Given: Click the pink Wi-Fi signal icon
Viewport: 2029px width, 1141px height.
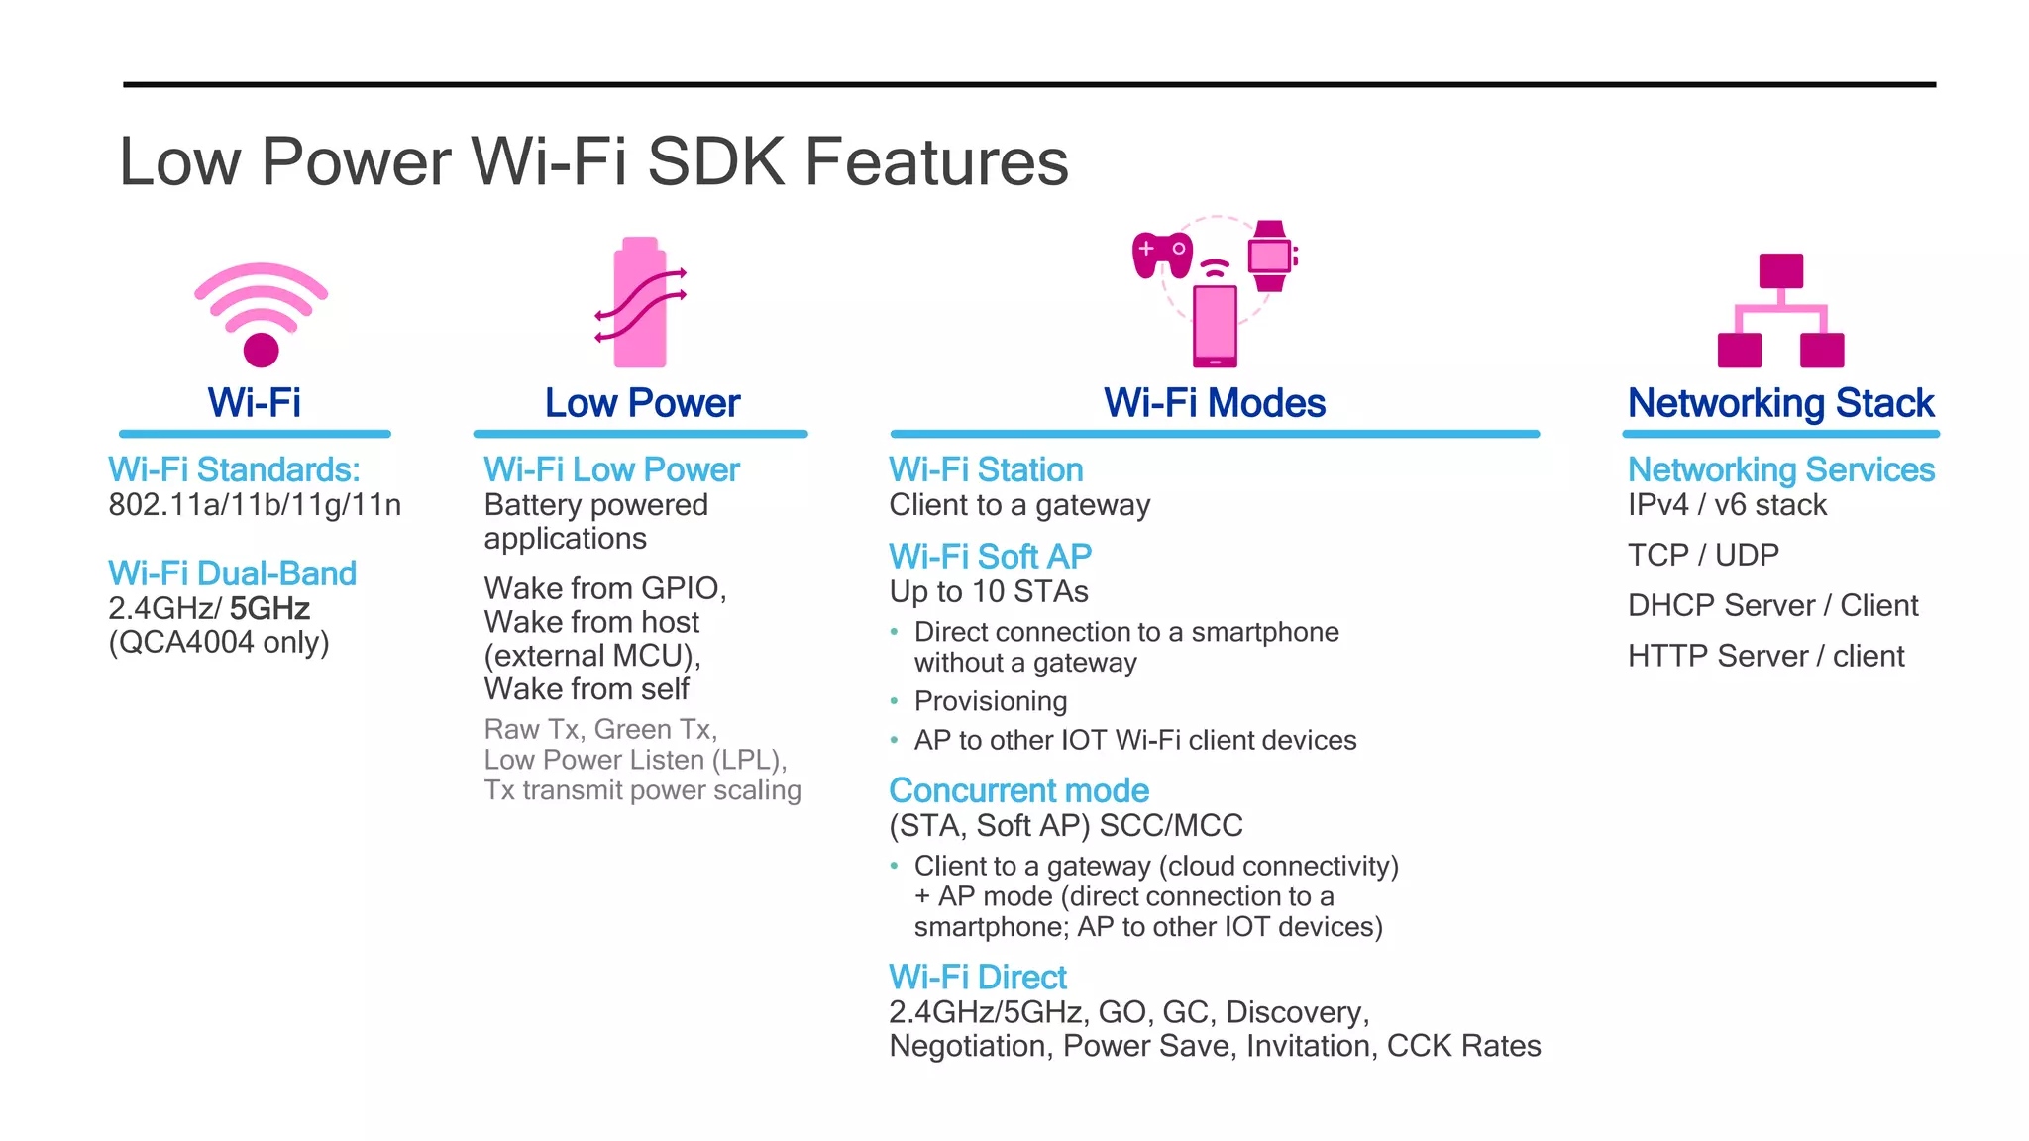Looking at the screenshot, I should (261, 313).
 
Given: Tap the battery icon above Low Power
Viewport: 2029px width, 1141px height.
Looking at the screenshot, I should (640, 303).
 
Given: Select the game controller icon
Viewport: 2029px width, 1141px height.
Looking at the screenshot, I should (1161, 254).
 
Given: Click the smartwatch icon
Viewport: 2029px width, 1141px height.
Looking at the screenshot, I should (1270, 256).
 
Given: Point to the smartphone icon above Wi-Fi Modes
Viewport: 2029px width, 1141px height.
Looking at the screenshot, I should (1215, 325).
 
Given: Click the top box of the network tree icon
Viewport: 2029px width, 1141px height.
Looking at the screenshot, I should (1780, 270).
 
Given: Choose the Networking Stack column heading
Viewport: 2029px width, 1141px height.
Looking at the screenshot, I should (1780, 403).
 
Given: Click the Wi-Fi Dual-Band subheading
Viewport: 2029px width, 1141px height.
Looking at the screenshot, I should (232, 573).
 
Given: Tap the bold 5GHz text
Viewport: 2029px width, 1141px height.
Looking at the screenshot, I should (269, 608).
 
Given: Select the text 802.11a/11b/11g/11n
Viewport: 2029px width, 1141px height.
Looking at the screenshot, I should (255, 505).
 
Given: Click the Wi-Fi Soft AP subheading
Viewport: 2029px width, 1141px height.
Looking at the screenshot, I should (990, 557).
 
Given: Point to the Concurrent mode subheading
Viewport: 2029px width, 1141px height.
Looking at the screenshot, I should (1018, 790).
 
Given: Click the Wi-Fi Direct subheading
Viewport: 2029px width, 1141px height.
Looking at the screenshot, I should (977, 978).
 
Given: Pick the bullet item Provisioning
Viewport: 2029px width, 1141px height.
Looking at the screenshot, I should (990, 701).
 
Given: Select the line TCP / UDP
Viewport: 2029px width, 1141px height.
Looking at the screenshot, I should (1703, 555).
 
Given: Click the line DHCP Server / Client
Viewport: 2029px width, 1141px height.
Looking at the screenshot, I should (1772, 605).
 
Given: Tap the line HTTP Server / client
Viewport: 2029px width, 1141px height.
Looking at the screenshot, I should (1765, 656).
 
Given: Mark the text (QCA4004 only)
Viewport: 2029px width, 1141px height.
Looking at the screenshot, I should (219, 643).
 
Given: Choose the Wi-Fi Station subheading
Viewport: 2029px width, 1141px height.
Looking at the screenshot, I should (986, 469).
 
